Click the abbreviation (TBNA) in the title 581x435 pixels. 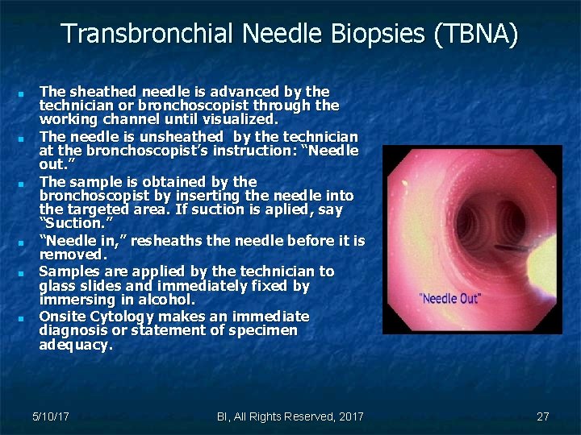tap(476, 35)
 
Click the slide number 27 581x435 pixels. tap(542, 416)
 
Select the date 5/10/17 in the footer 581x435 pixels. tap(50, 416)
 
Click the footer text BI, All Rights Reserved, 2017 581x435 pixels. tap(290, 416)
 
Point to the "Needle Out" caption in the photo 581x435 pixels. tap(449, 299)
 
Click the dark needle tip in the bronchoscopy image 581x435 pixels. tap(508, 246)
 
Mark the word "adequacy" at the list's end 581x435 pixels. tap(75, 345)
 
